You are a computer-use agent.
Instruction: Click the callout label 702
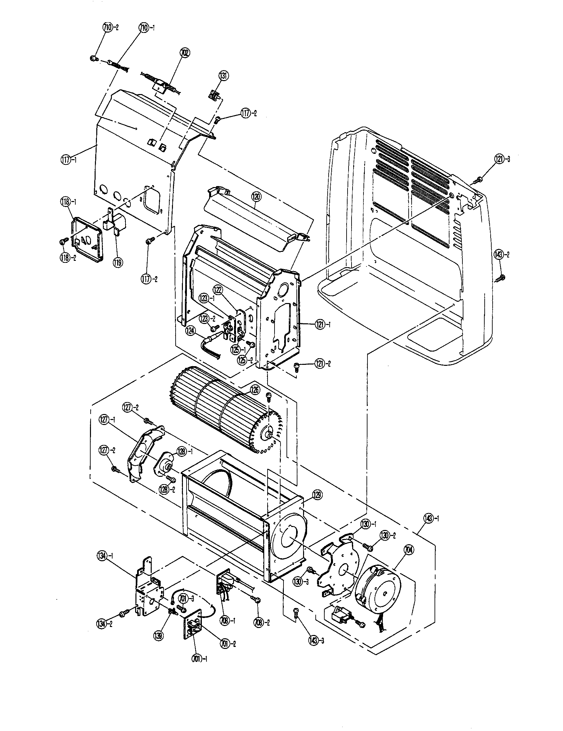tap(185, 53)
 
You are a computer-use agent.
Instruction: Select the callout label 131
tap(223, 76)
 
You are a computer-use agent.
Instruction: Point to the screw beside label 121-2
tap(296, 366)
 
